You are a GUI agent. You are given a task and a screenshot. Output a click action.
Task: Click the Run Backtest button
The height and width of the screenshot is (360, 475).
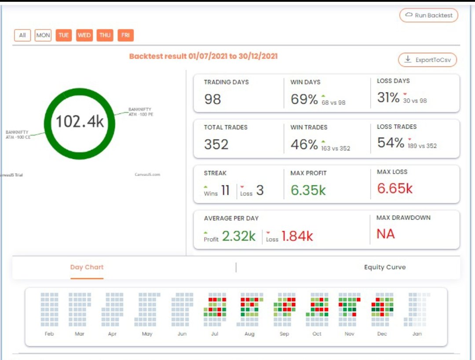click(x=429, y=15)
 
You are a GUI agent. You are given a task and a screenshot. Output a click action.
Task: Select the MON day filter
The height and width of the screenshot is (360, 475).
click(x=43, y=35)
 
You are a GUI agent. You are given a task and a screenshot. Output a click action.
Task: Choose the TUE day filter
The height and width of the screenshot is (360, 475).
click(x=64, y=35)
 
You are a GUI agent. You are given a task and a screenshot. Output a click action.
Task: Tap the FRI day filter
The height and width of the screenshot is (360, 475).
click(x=125, y=35)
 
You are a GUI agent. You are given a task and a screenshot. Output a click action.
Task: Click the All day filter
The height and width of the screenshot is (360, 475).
click(x=22, y=35)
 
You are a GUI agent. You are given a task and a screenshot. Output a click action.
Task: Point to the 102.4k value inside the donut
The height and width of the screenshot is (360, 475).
click(x=80, y=121)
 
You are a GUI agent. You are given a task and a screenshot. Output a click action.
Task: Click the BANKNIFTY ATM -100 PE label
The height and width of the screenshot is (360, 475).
click(x=141, y=112)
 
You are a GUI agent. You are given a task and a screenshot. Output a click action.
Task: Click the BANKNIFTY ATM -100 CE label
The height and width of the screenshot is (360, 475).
click(x=18, y=135)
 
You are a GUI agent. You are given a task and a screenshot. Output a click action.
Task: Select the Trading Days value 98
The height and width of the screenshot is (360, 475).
click(x=212, y=99)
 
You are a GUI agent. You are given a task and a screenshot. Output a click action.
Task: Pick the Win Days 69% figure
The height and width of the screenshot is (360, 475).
click(x=304, y=99)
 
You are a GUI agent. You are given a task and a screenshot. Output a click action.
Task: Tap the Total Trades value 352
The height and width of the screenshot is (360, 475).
click(x=216, y=144)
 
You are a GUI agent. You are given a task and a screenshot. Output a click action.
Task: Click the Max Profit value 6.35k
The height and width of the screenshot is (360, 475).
click(x=308, y=189)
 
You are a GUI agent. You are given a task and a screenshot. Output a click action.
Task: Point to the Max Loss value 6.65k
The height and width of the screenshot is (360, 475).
click(x=395, y=188)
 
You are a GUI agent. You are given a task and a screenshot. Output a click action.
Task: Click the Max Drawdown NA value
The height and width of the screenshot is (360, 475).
click(x=386, y=234)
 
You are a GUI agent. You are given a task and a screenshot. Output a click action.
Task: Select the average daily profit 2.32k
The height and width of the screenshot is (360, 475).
click(x=238, y=236)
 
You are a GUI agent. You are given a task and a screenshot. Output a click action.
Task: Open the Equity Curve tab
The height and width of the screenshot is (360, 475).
click(x=385, y=267)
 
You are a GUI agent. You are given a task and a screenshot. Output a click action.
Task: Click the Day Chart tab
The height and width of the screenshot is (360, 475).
click(x=87, y=267)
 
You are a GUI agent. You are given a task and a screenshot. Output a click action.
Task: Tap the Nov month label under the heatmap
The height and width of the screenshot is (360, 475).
click(x=350, y=334)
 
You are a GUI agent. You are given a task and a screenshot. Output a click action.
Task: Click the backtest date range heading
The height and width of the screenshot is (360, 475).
click(x=203, y=56)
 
